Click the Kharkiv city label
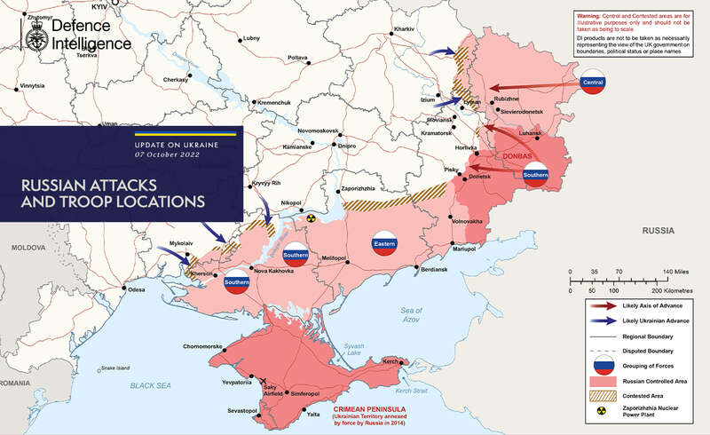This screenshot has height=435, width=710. pos(404,29)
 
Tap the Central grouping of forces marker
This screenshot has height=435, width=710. pos(592,83)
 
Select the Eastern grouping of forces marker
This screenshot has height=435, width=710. pos(384,242)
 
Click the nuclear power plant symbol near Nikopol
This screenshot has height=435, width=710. pos(312,217)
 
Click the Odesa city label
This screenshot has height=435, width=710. pos(136,290)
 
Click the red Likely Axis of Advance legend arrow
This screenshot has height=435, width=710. pos(603,304)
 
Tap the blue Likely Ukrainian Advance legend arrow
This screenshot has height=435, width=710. pos(603,320)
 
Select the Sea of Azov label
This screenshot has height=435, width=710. pos(411,312)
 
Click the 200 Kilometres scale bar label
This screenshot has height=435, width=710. pos(671,290)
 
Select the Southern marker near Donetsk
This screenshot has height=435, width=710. pos(536,175)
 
